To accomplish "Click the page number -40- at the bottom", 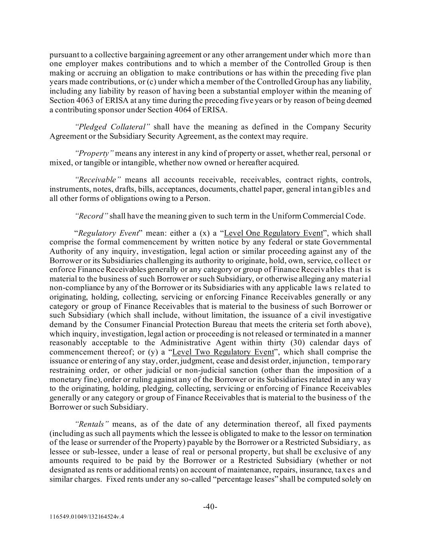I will pos(210,507).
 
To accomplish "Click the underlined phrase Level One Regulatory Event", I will pos(273,233).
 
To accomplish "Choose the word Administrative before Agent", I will pos(185,343).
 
